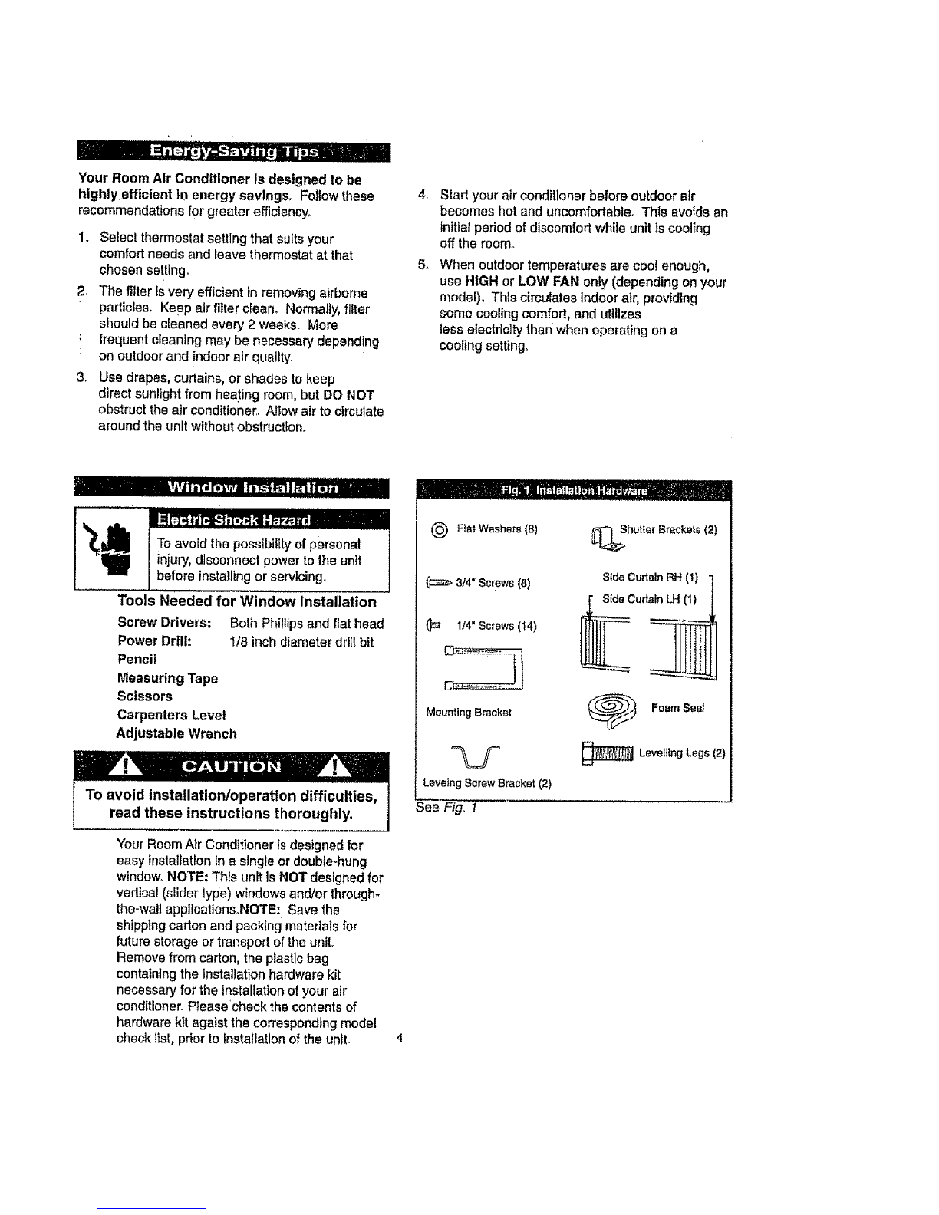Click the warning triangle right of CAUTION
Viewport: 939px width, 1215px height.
click(x=340, y=767)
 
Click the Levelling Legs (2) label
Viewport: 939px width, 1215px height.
click(x=681, y=753)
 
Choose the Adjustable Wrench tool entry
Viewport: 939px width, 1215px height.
click(x=176, y=733)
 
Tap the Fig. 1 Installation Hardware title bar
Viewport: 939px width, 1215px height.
click(x=573, y=490)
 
